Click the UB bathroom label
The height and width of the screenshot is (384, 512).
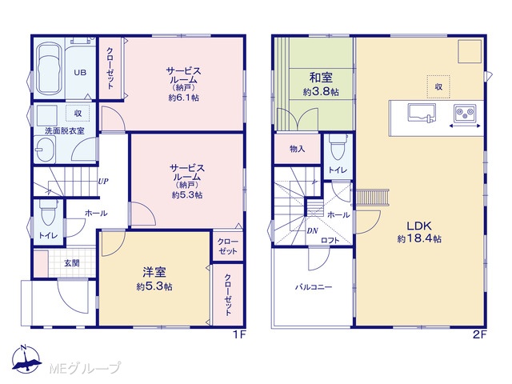coord(80,73)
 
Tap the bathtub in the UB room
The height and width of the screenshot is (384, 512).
coord(48,69)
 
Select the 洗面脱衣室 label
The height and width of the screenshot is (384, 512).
coord(64,131)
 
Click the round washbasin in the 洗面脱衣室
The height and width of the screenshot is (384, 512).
coord(45,150)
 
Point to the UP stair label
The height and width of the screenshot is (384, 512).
coord(103,182)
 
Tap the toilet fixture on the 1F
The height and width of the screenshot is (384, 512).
coord(48,213)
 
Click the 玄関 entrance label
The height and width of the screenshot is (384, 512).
coord(71,263)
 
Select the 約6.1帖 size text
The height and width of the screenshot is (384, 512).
coord(184,98)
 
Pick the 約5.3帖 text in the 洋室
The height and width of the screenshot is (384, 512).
coord(154,286)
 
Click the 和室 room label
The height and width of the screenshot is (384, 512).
coord(321,78)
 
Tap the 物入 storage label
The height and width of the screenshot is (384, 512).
coord(297,149)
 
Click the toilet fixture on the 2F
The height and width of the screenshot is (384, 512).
coord(338,147)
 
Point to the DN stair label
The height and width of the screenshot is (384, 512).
coord(313,231)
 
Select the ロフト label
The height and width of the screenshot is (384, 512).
coord(330,240)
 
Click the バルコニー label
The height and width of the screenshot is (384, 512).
coord(314,287)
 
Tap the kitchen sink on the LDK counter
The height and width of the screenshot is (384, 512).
coord(422,113)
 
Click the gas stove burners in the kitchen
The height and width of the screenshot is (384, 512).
coord(465,113)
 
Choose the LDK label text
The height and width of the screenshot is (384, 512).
coord(419,226)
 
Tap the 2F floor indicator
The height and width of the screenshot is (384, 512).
coord(480,334)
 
